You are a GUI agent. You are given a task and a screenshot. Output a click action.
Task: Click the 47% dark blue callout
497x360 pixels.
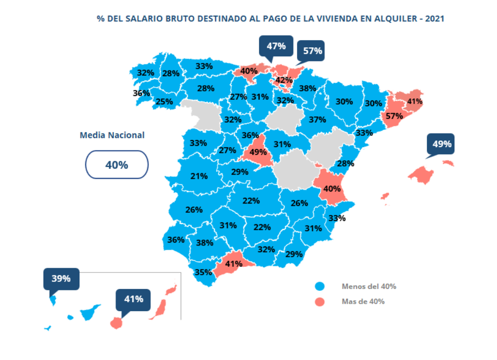point(276,46)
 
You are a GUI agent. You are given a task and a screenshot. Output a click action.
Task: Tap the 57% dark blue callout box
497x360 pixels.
point(312,51)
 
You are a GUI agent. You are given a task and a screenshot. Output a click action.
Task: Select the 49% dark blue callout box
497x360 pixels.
point(441,144)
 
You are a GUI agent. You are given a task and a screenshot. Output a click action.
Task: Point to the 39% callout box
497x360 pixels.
point(61,279)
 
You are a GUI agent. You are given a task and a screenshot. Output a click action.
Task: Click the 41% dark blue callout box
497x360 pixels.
point(133,299)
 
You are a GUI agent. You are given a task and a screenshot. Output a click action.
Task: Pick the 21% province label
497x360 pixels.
point(199,176)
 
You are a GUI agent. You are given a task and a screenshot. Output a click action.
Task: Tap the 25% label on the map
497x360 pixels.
point(164,101)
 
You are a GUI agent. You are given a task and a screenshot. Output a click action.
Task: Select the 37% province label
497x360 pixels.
point(317,120)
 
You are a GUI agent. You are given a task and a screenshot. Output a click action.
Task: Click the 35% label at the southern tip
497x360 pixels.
point(203,272)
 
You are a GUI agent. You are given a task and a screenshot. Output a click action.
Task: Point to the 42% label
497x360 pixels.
point(284,79)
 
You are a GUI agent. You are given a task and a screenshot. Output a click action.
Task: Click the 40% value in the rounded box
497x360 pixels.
point(117,165)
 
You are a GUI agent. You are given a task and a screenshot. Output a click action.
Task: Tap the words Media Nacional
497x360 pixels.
point(112,135)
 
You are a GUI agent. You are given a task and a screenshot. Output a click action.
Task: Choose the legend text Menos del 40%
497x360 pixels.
point(369,286)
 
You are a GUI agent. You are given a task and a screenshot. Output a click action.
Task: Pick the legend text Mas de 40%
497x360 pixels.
point(363,301)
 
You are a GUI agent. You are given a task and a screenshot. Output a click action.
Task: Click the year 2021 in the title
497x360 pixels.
point(434,18)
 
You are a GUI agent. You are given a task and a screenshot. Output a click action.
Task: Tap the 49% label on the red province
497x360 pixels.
point(258,152)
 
